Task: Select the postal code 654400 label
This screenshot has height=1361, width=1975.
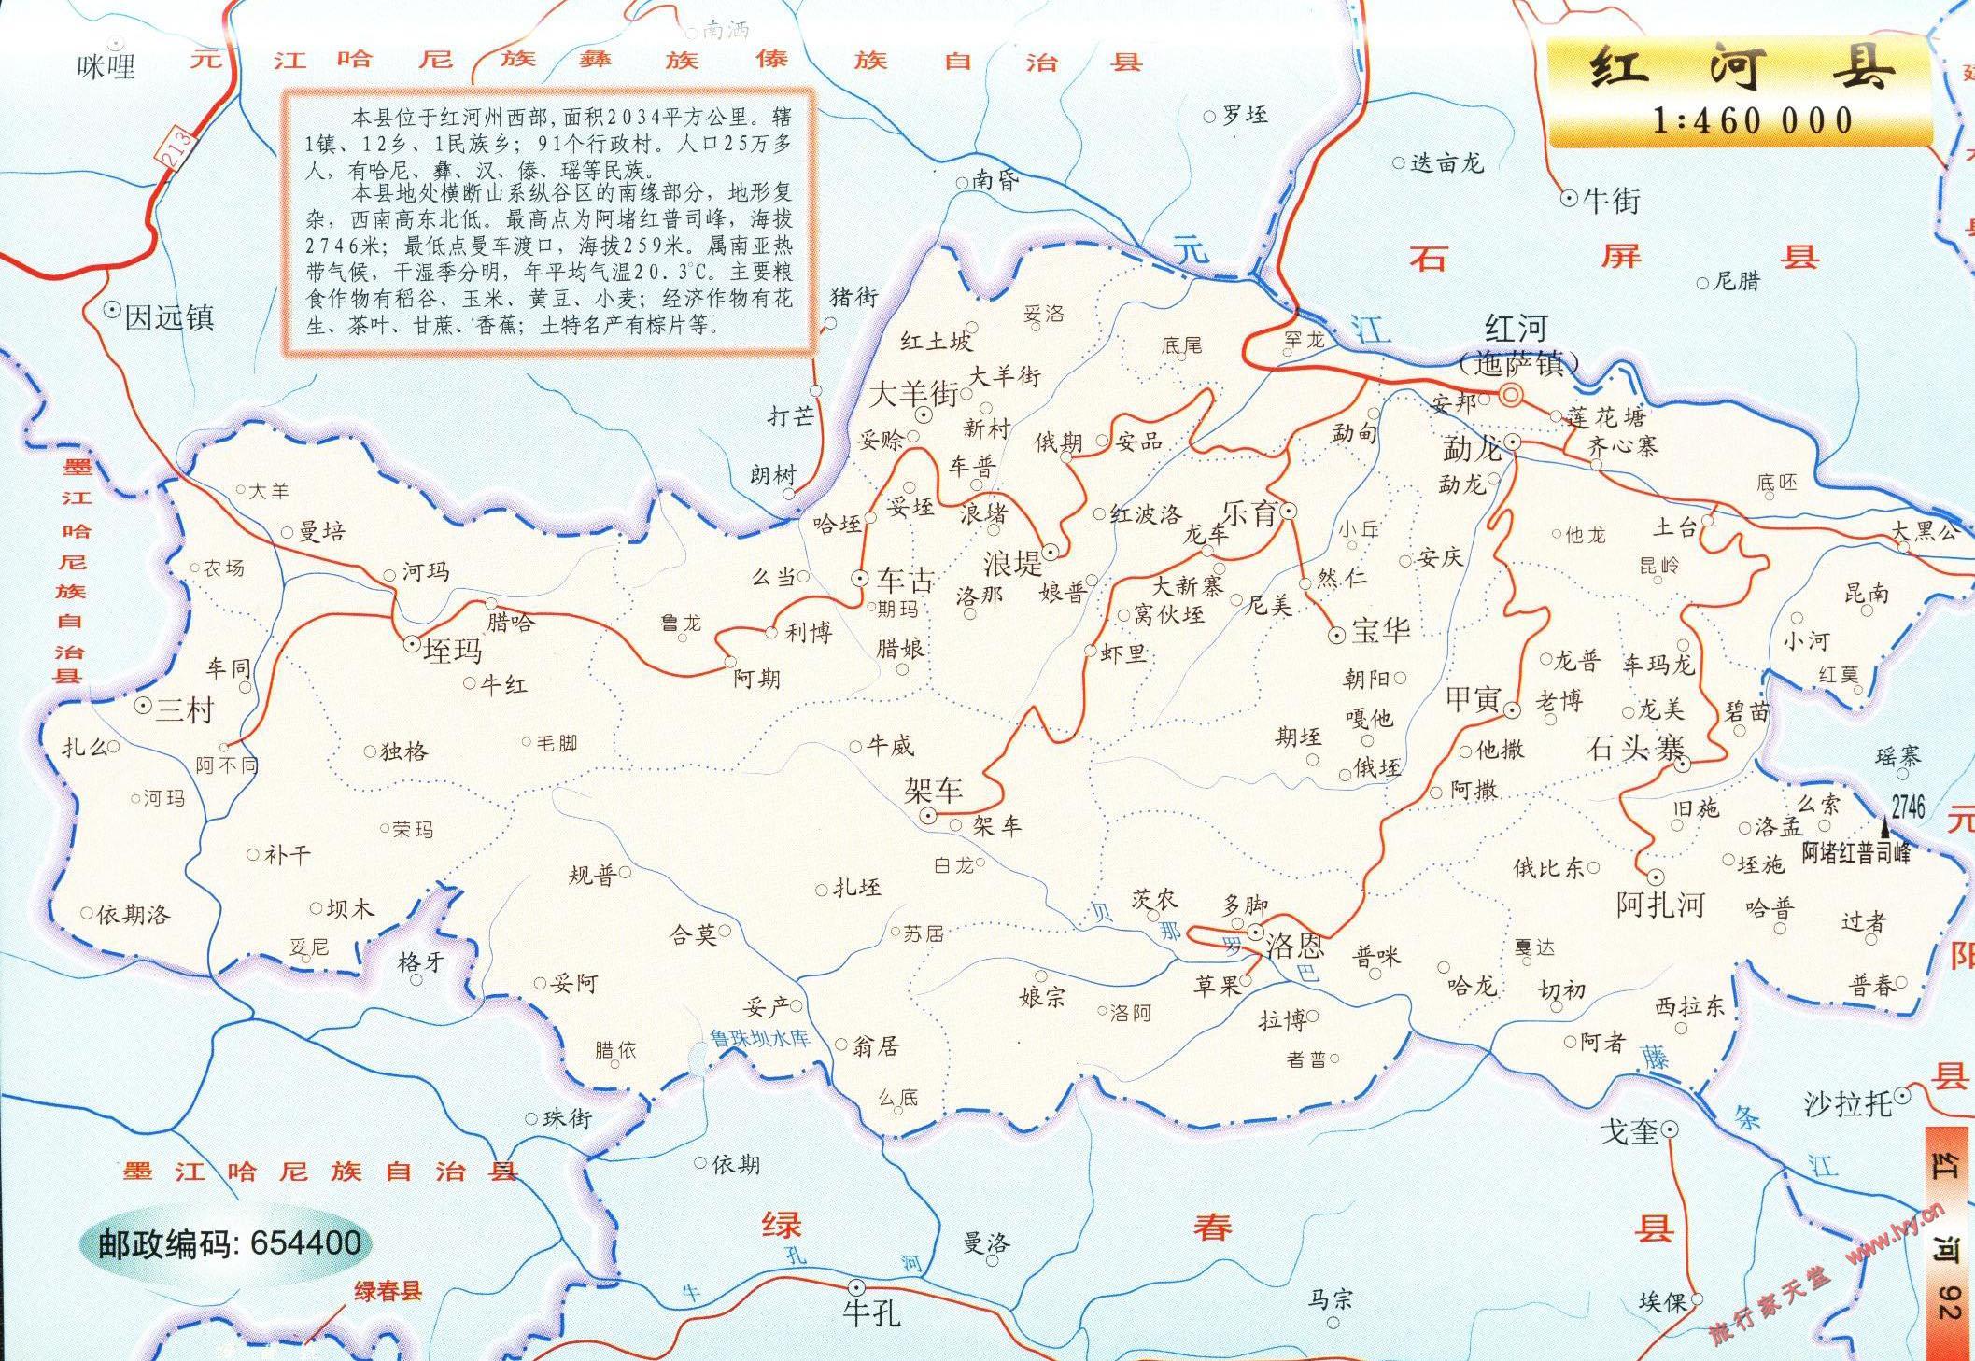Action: [230, 1242]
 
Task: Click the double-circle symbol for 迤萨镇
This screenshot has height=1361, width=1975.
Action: [1509, 396]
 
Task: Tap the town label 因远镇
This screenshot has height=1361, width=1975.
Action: [170, 317]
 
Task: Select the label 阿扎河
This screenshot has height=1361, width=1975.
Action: [1660, 905]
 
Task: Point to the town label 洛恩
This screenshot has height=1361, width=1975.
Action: [1294, 947]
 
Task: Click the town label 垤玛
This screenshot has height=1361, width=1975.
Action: [453, 650]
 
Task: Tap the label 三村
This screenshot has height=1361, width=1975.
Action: [185, 710]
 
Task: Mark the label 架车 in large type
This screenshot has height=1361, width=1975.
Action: [934, 791]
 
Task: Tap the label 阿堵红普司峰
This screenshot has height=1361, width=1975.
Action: [1856, 852]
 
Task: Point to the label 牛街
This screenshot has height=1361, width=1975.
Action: [1612, 200]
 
